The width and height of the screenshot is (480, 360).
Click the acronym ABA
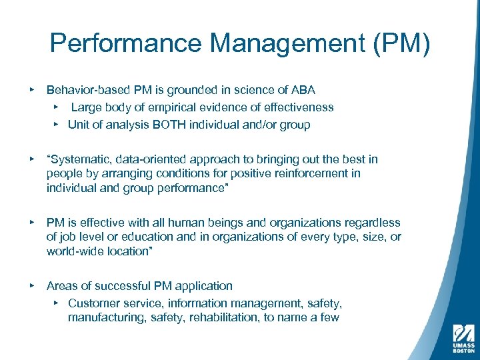(x=303, y=89)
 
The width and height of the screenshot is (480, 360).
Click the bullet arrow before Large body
(x=57, y=107)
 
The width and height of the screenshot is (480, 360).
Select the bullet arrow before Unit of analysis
(x=57, y=124)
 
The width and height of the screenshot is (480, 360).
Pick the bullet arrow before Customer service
(x=57, y=303)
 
